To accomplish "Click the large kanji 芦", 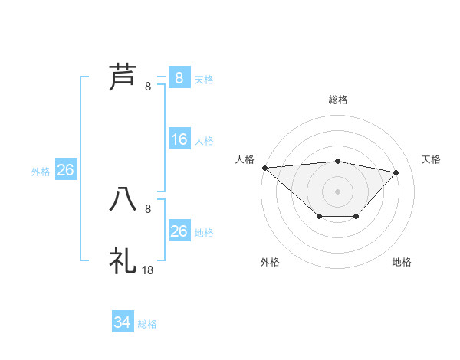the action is point(123,77).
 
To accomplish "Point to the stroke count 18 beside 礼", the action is point(148,270).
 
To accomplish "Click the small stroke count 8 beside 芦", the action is point(148,87).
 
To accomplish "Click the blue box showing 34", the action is point(123,322).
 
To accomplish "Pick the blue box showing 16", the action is point(179,139).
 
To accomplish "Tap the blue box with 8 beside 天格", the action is point(179,78).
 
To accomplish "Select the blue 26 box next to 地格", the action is point(179,231).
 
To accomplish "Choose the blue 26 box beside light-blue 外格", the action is point(65,170).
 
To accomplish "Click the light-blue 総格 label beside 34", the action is point(147,324).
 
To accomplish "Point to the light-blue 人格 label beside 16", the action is point(204,141).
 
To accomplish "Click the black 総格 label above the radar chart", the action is point(338,100).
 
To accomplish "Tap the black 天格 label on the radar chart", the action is point(431,159).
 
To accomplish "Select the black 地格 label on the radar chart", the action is point(402,262).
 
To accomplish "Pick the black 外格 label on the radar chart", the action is point(270,262).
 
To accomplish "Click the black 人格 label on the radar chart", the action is point(245,159).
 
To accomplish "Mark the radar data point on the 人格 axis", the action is point(264,167).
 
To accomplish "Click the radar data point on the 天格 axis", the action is point(396,172).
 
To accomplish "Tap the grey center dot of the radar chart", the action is point(338,191).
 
